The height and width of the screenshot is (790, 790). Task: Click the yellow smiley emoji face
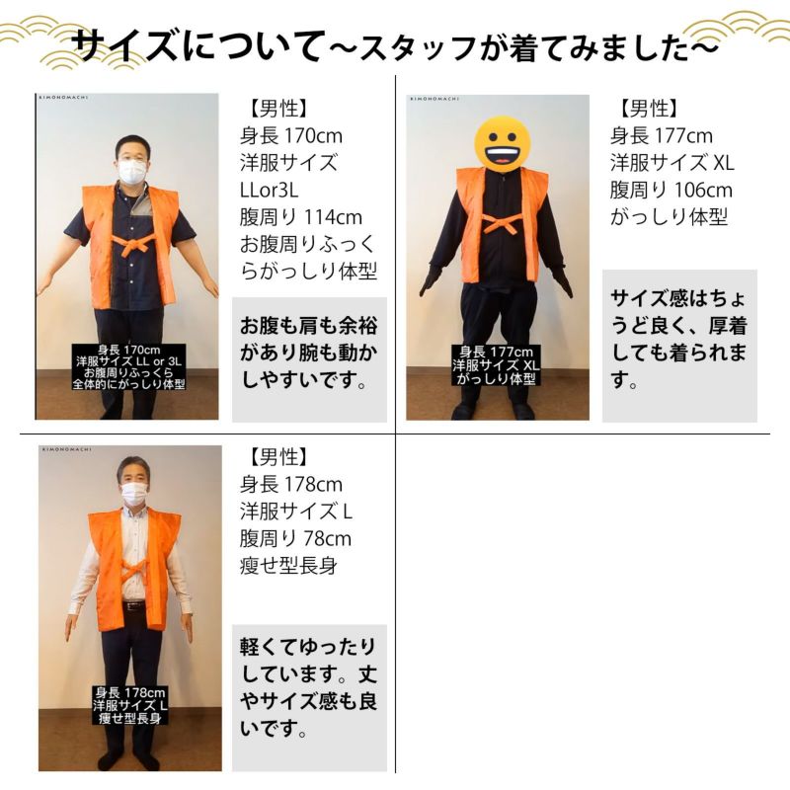pyautogui.click(x=503, y=143)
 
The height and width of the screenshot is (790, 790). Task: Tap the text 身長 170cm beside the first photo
pyautogui.click(x=290, y=136)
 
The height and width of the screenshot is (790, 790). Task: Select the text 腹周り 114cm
pyautogui.click(x=301, y=217)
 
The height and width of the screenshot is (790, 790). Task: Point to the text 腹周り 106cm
pyautogui.click(x=671, y=191)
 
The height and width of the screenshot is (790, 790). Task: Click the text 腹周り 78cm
pyautogui.click(x=295, y=538)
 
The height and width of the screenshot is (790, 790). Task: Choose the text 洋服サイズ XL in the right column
pyautogui.click(x=672, y=163)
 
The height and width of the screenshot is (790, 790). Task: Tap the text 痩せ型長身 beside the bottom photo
pyautogui.click(x=288, y=566)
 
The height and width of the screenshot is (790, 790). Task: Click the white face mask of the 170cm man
pyautogui.click(x=132, y=171)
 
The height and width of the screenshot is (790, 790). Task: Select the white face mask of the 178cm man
pyautogui.click(x=134, y=494)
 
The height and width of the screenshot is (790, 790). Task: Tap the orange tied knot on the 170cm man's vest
pyautogui.click(x=131, y=247)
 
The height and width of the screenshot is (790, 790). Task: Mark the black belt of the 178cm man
pyautogui.click(x=133, y=606)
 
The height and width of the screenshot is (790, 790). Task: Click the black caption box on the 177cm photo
pyautogui.click(x=496, y=365)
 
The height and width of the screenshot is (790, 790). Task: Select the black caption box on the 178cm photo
pyautogui.click(x=130, y=705)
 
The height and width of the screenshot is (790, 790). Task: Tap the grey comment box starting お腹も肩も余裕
pyautogui.click(x=309, y=359)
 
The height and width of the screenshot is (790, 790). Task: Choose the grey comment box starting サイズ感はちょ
pyautogui.click(x=679, y=346)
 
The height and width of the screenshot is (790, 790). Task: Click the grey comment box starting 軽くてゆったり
pyautogui.click(x=309, y=698)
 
